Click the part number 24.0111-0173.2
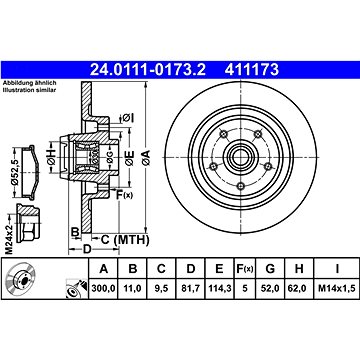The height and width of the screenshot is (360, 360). pos(148,70)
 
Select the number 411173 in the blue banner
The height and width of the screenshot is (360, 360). pos(252,70)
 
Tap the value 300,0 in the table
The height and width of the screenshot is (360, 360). pos(104,288)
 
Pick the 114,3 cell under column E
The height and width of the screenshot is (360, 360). pos(219,288)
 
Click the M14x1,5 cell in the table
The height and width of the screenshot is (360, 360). pos(337,288)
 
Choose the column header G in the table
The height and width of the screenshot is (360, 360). pos(270,269)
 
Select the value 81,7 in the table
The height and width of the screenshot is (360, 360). pos(190,288)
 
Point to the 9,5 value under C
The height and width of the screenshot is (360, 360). pos(161,288)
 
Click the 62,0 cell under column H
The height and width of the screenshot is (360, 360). pos(299,288)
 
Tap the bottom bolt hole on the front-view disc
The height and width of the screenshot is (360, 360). pos(241,186)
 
